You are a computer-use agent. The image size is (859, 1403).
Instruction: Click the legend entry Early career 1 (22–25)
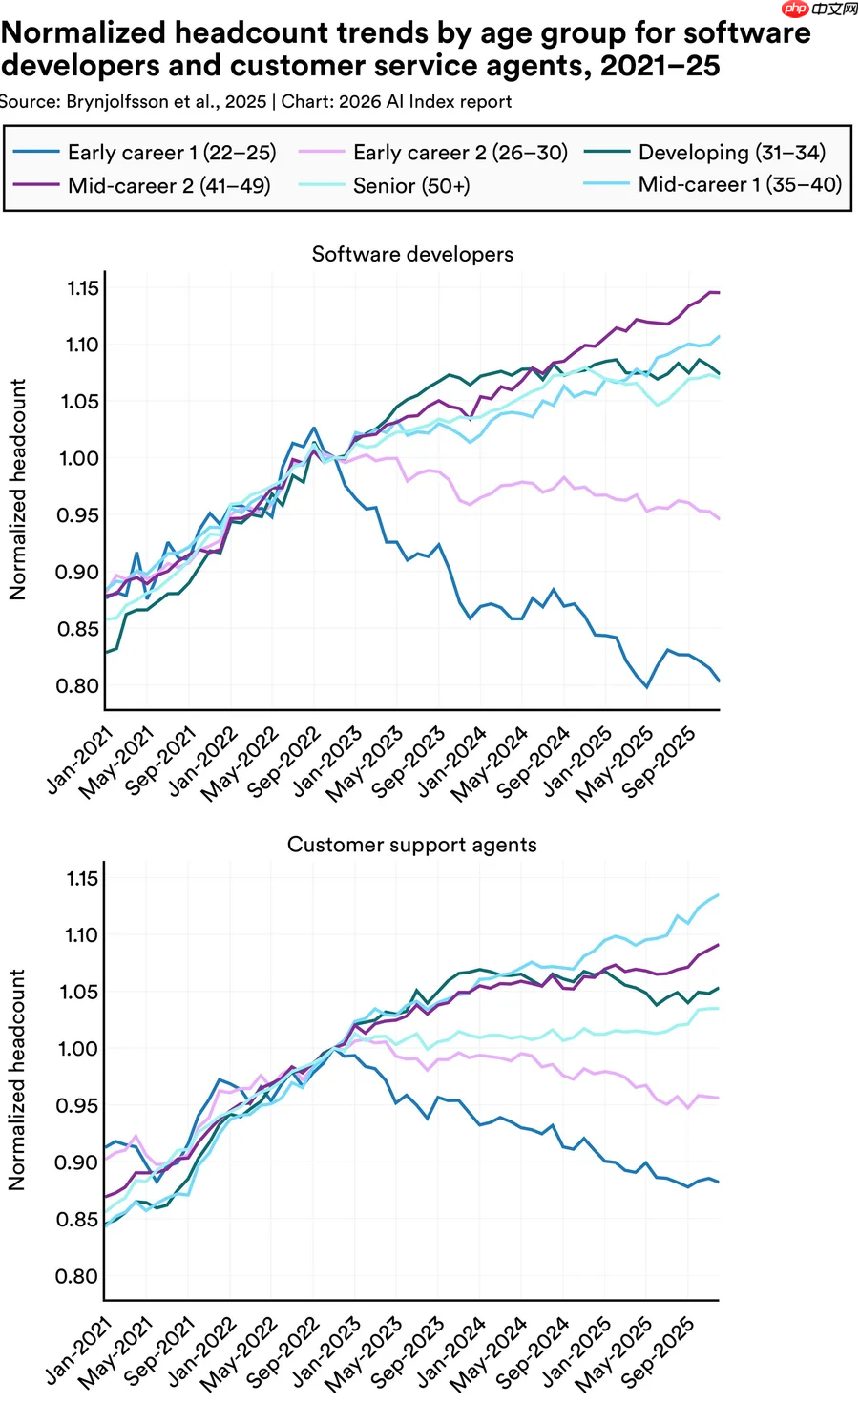(x=145, y=152)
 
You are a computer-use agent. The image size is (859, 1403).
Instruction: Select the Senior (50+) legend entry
(x=384, y=185)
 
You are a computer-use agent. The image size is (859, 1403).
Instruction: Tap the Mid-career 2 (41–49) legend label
(x=141, y=185)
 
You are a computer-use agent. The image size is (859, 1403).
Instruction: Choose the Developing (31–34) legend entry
(x=705, y=152)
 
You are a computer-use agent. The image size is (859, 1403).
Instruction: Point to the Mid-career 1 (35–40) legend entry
(x=713, y=184)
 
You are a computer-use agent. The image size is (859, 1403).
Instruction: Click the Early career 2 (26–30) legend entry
(x=433, y=152)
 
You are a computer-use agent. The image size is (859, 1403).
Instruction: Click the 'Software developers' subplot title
(x=412, y=254)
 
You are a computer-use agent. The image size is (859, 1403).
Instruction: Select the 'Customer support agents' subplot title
(x=411, y=845)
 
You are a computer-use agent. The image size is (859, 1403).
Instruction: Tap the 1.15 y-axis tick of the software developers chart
(x=83, y=288)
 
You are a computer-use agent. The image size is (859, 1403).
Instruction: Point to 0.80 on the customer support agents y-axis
(x=76, y=1276)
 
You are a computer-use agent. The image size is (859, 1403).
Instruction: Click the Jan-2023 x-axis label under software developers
(x=327, y=761)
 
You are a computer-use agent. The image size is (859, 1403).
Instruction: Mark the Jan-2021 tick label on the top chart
(x=79, y=761)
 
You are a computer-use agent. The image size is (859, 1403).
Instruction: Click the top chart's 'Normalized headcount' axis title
(x=17, y=490)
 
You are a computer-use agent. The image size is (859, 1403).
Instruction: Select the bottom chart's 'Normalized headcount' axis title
(x=17, y=1079)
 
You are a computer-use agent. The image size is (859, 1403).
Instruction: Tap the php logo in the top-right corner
(x=795, y=9)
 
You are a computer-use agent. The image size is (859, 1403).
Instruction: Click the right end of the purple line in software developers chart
(x=719, y=292)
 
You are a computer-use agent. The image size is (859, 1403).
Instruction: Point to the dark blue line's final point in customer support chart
(x=718, y=1183)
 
